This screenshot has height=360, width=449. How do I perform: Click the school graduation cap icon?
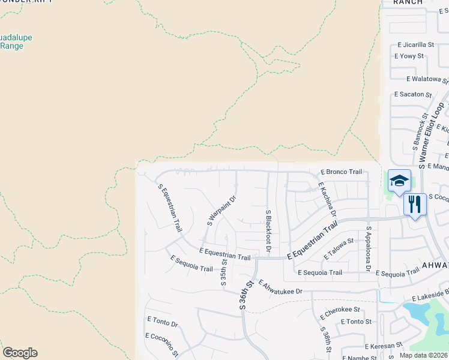point(399,181)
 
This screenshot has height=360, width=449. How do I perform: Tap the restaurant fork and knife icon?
point(415,205)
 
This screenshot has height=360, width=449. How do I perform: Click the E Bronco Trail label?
point(341,172)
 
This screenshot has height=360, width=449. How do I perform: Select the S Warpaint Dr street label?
point(221,209)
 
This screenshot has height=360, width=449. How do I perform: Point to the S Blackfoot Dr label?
point(268,231)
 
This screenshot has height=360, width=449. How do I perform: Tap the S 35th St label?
point(223,272)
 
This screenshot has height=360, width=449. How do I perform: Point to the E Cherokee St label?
point(339,313)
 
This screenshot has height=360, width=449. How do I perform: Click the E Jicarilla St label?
point(415,45)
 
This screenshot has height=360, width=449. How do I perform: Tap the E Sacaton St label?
point(412,95)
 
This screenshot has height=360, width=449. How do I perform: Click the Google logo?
point(20,353)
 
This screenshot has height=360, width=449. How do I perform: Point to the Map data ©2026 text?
point(423,355)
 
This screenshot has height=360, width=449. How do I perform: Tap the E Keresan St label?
point(383,346)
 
